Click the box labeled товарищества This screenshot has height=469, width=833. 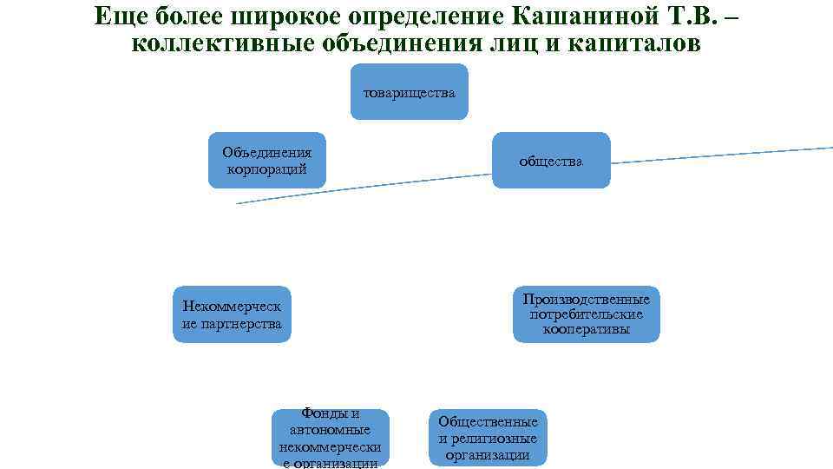click(409, 92)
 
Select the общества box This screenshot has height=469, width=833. click(551, 161)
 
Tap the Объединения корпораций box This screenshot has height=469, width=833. click(267, 161)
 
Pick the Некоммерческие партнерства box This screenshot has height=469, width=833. click(232, 314)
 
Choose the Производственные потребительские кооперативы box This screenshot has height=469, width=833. click(586, 314)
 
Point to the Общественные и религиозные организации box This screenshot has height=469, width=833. click(488, 438)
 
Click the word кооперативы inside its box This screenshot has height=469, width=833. click(586, 329)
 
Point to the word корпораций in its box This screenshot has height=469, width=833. click(267, 168)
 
